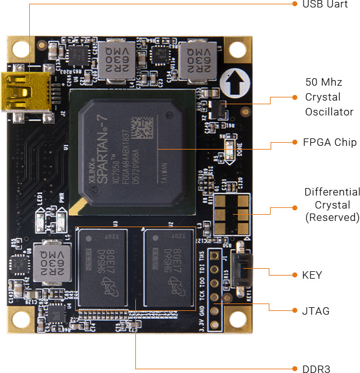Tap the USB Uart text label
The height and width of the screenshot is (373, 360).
point(321,4)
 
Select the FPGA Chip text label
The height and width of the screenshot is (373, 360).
point(328,142)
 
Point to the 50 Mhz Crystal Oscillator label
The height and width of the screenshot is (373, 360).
point(323,97)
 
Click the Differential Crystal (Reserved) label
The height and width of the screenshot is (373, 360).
point(332,205)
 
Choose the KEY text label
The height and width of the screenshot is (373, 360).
point(312,275)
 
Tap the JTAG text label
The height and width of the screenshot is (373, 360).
point(316,311)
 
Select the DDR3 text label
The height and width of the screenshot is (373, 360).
point(316,369)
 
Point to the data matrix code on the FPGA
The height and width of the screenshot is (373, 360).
point(144,128)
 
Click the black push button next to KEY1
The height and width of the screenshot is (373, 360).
point(243,272)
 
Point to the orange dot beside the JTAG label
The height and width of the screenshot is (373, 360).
point(295,311)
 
